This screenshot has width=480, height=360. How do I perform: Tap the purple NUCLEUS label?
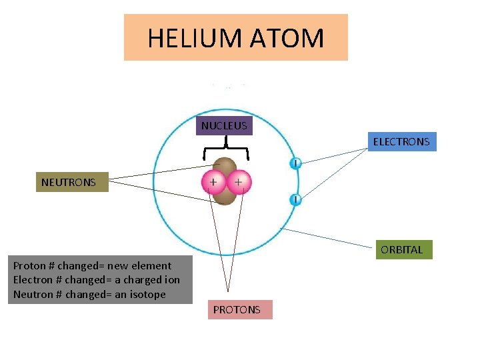coord(224,125)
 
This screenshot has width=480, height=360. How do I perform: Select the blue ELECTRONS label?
coord(401,141)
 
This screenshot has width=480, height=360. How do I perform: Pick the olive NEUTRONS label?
coord(69,182)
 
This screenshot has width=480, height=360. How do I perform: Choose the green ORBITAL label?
coord(402,250)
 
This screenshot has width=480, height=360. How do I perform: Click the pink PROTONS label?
coord(237,310)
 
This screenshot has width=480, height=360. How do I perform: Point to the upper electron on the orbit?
coord(295,163)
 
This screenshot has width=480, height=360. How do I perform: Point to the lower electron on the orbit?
coord(295,199)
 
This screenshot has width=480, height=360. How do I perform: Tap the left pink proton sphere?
coord(213,182)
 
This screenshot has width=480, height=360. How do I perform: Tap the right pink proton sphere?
coord(238,181)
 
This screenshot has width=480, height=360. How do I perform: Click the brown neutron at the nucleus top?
coord(225,166)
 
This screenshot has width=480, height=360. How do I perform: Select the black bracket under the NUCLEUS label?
coord(226,148)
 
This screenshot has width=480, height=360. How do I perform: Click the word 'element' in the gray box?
coord(153,265)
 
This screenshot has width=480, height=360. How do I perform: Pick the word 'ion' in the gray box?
coord(172,280)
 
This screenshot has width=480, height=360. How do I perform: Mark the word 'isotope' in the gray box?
coord(147,294)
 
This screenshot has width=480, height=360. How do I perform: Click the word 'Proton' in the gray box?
coord(30,265)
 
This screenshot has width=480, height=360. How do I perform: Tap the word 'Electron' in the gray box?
coord(33,280)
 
